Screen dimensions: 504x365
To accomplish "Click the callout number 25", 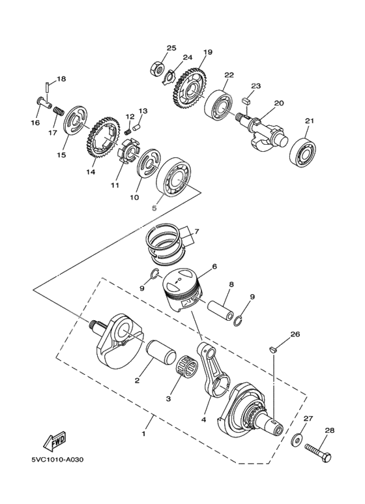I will pyautogui.click(x=171, y=48).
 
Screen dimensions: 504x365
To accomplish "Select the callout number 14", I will pyautogui.click(x=90, y=172).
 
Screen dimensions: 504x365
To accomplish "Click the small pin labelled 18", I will pyautogui.click(x=49, y=85).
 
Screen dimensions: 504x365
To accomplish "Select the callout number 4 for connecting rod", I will pyautogui.click(x=203, y=421).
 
